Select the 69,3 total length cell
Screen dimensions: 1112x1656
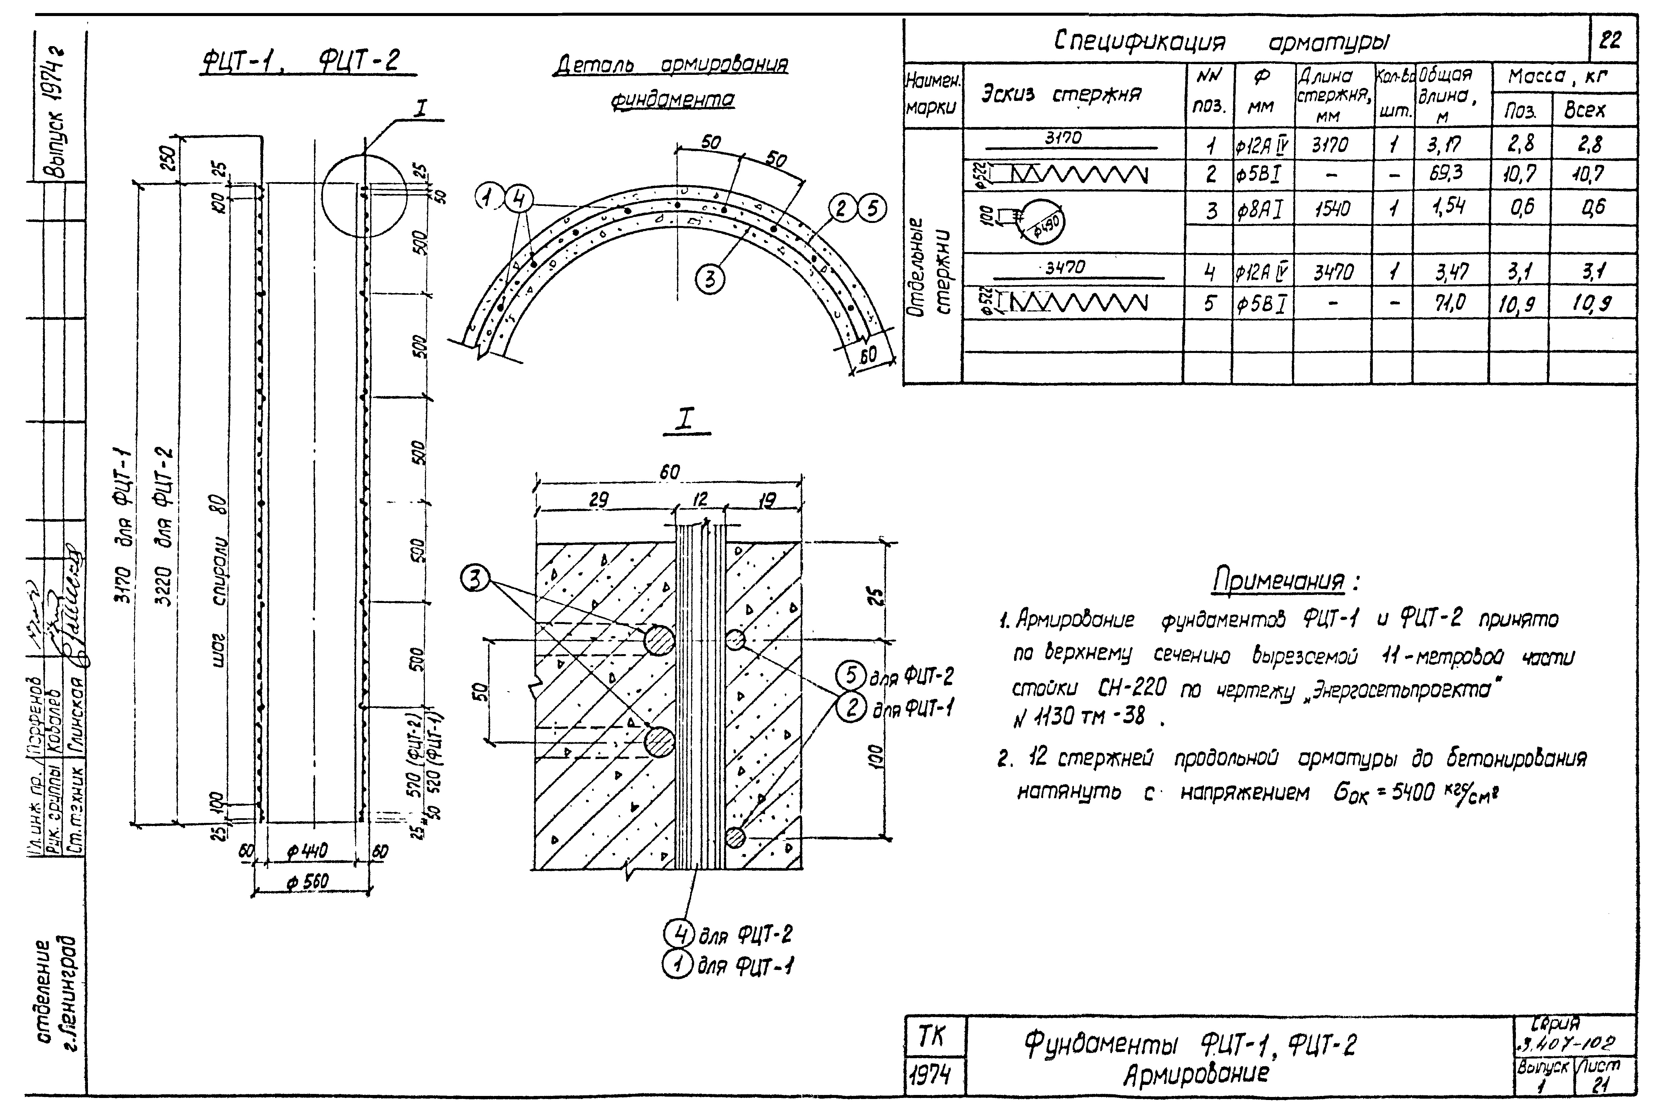tap(1447, 173)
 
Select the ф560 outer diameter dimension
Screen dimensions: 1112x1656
tap(308, 882)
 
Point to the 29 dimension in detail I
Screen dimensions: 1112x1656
tap(598, 501)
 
